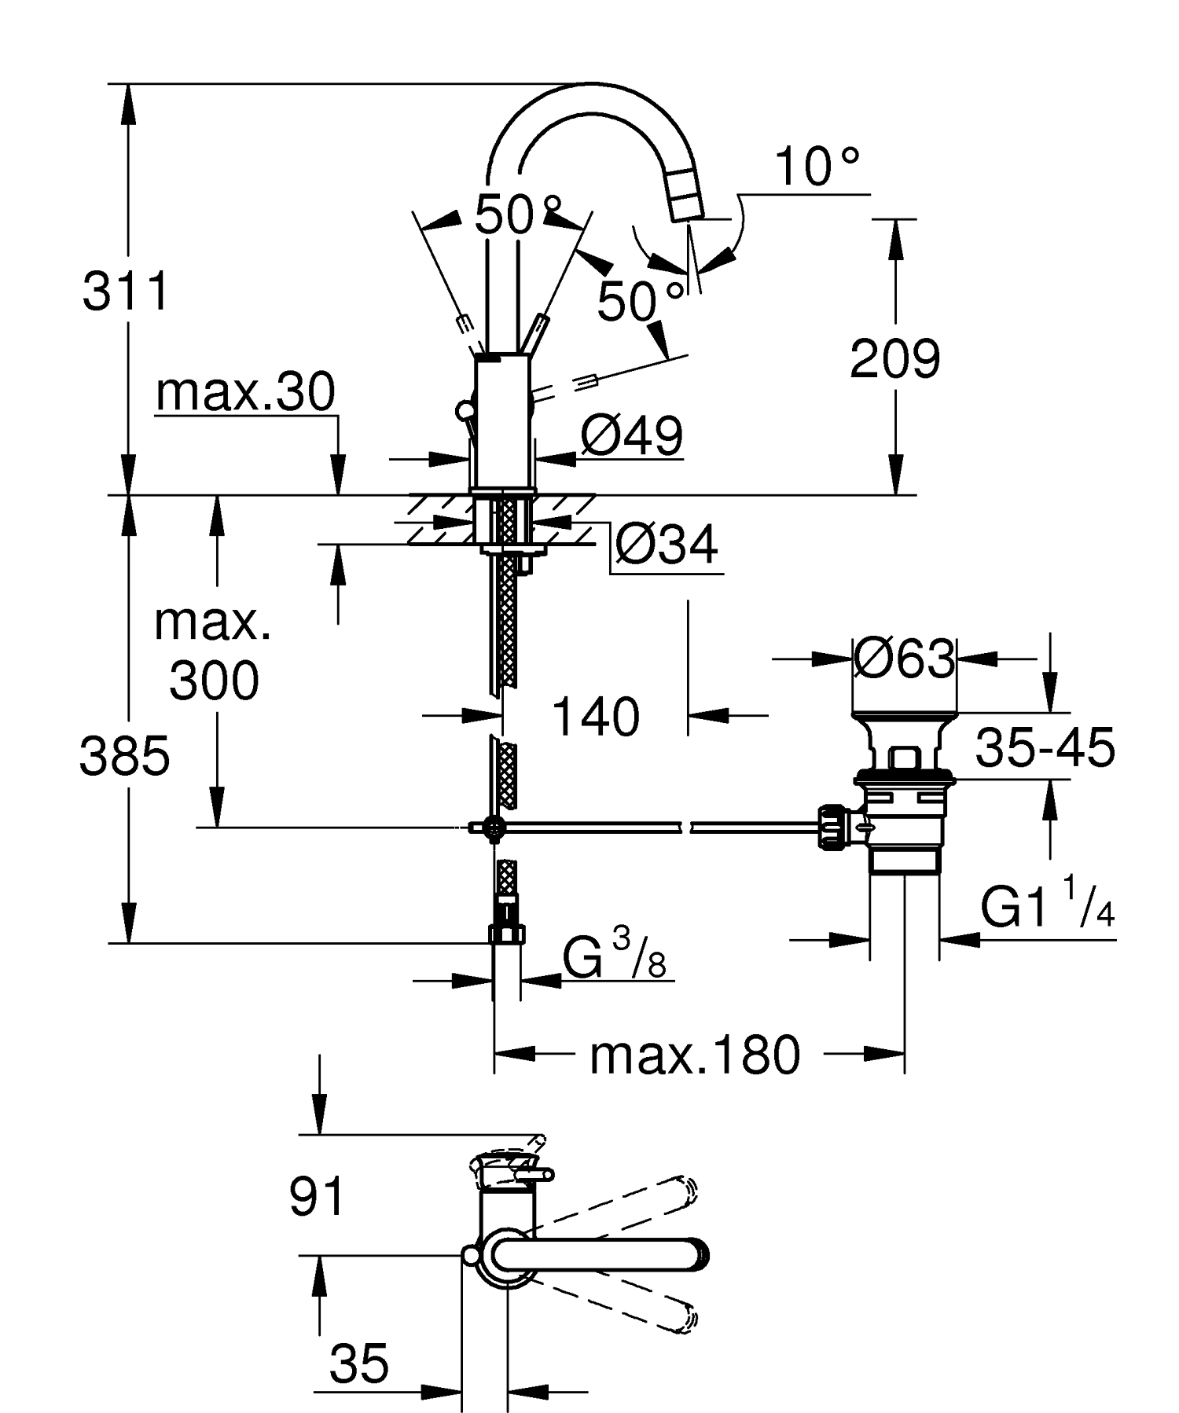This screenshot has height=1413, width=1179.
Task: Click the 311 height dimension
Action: pyautogui.click(x=126, y=292)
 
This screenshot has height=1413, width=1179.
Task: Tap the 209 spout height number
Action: pyautogui.click(x=894, y=360)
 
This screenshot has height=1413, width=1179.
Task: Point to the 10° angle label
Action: pyautogui.click(x=816, y=167)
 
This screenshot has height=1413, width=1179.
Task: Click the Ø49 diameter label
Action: pyautogui.click(x=631, y=436)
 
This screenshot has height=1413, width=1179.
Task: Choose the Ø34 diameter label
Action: pyautogui.click(x=666, y=545)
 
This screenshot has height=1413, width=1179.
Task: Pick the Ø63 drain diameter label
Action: pyautogui.click(x=904, y=659)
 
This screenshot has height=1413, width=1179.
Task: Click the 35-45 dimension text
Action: pyautogui.click(x=1045, y=747)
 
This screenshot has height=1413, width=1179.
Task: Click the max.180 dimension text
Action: pyautogui.click(x=694, y=1055)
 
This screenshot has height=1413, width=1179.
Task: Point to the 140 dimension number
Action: pyautogui.click(x=596, y=717)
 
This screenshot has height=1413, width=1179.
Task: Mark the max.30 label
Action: pyautogui.click(x=245, y=392)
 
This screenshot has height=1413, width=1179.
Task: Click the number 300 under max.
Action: pyautogui.click(x=213, y=681)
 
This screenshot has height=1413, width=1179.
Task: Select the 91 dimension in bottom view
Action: pyautogui.click(x=317, y=1198)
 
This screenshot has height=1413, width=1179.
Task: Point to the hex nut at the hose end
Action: pyautogui.click(x=507, y=934)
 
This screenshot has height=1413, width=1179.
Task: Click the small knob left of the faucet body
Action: pyautogui.click(x=464, y=410)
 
